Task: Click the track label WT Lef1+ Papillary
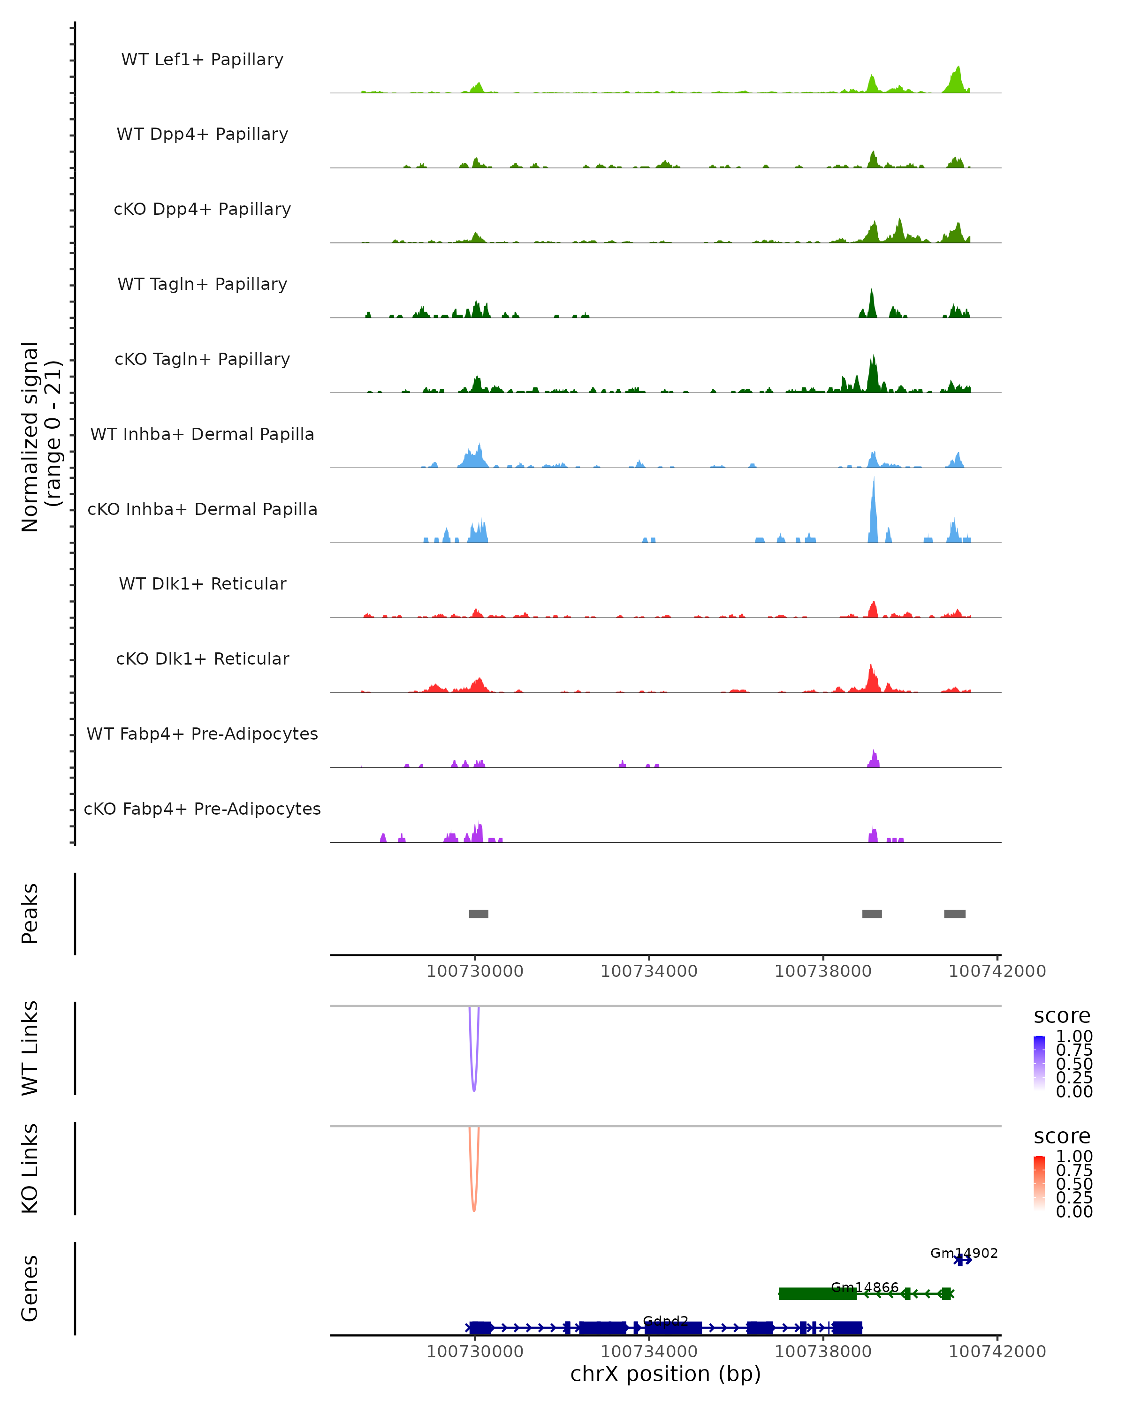202,60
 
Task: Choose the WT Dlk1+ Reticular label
202,583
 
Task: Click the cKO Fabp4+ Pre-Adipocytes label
202,809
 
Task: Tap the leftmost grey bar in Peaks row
479,914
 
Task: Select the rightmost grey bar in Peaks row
954,914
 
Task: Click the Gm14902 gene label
964,1253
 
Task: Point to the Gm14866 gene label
864,1287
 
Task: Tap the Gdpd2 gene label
665,1322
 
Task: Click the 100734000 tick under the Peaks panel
649,971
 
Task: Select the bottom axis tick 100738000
823,1352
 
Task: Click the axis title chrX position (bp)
665,1374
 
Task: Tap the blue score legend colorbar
1039,1063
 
